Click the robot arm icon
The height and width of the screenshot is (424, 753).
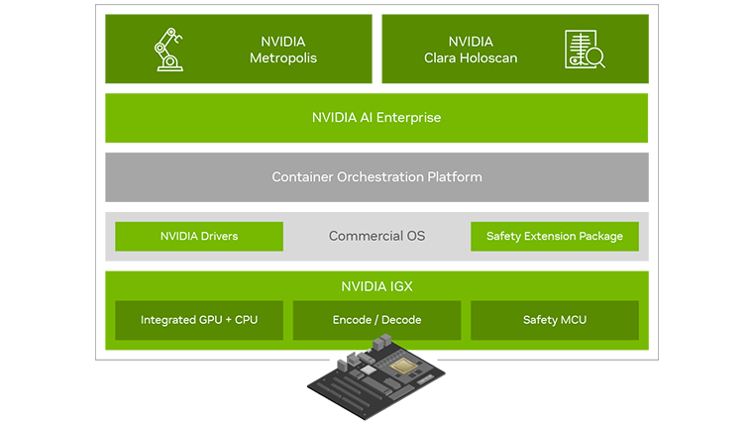tap(167, 50)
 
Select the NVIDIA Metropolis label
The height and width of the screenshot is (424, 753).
tap(282, 50)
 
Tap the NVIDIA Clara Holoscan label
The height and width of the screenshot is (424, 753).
tap(470, 50)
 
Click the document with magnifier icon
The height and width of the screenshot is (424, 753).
tap(584, 50)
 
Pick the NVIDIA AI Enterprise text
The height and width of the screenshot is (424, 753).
tap(376, 118)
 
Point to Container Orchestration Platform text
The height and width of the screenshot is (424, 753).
tap(376, 177)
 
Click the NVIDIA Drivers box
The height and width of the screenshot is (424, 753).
tap(199, 237)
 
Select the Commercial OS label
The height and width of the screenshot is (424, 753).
tap(376, 237)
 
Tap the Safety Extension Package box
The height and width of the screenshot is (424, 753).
tap(554, 237)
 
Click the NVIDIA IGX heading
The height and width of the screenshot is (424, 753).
tap(376, 287)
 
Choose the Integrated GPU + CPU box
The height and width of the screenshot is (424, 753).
tap(199, 321)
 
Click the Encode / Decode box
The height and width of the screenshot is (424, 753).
tap(376, 321)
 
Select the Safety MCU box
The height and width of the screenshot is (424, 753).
tap(554, 321)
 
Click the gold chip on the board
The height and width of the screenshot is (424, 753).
tap(404, 368)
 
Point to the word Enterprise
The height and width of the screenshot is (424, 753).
tap(405, 118)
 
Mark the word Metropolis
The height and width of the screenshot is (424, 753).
tap(282, 58)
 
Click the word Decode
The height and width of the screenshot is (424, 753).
tap(400, 321)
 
